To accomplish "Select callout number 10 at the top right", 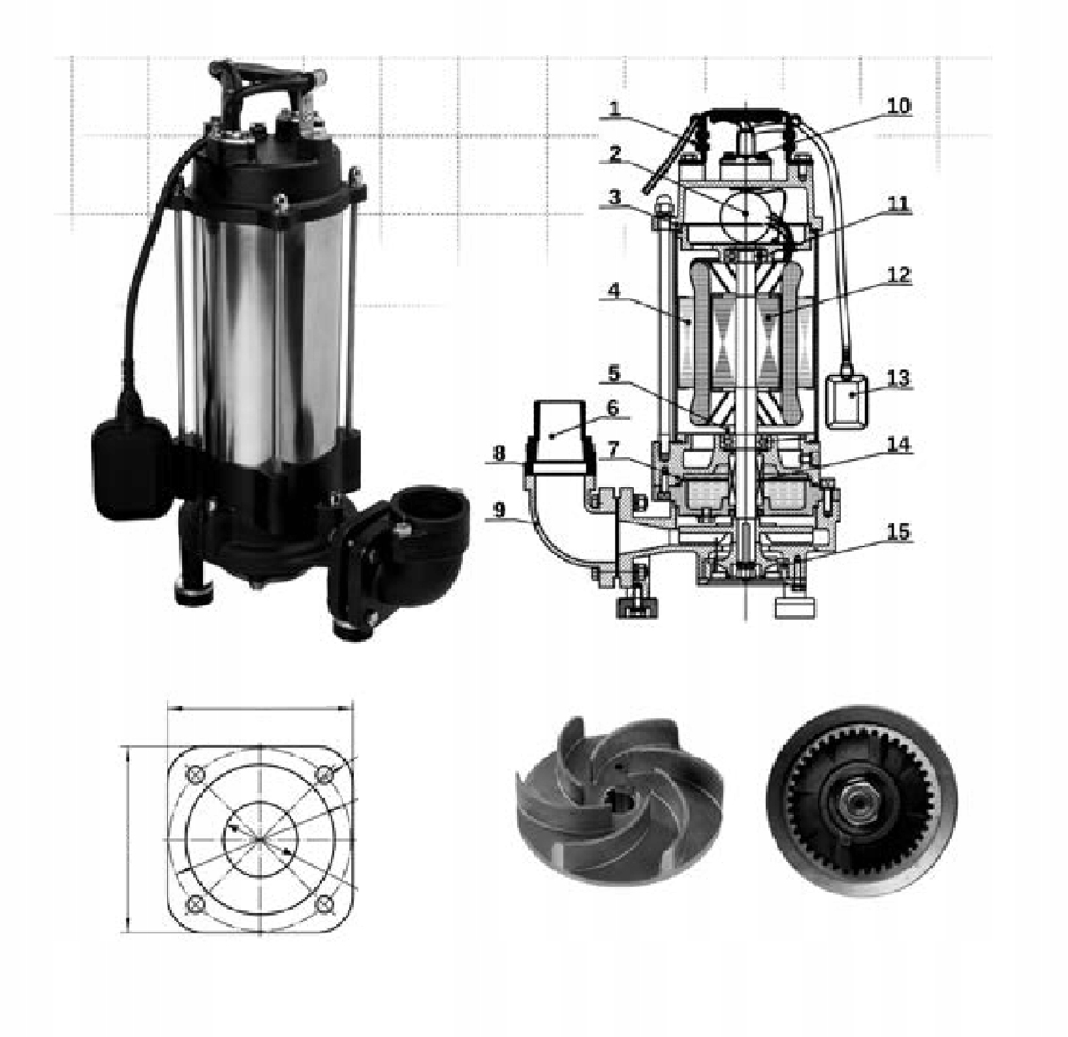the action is pyautogui.click(x=898, y=105).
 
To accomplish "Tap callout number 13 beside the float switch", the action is pyautogui.click(x=898, y=379).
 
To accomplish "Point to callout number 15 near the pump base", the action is pyautogui.click(x=898, y=532).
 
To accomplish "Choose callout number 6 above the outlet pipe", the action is pyautogui.click(x=612, y=407).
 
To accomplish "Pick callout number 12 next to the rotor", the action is pyautogui.click(x=898, y=274).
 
